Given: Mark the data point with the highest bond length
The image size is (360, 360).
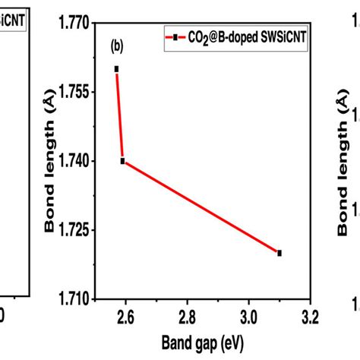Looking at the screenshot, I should tap(116, 68).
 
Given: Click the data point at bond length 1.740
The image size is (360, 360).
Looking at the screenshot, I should tap(122, 161).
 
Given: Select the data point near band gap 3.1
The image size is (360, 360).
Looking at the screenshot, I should tap(279, 253).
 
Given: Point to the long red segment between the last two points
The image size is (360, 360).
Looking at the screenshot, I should tap(201, 207).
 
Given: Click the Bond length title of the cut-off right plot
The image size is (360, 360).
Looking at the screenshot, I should tap(343, 159).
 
